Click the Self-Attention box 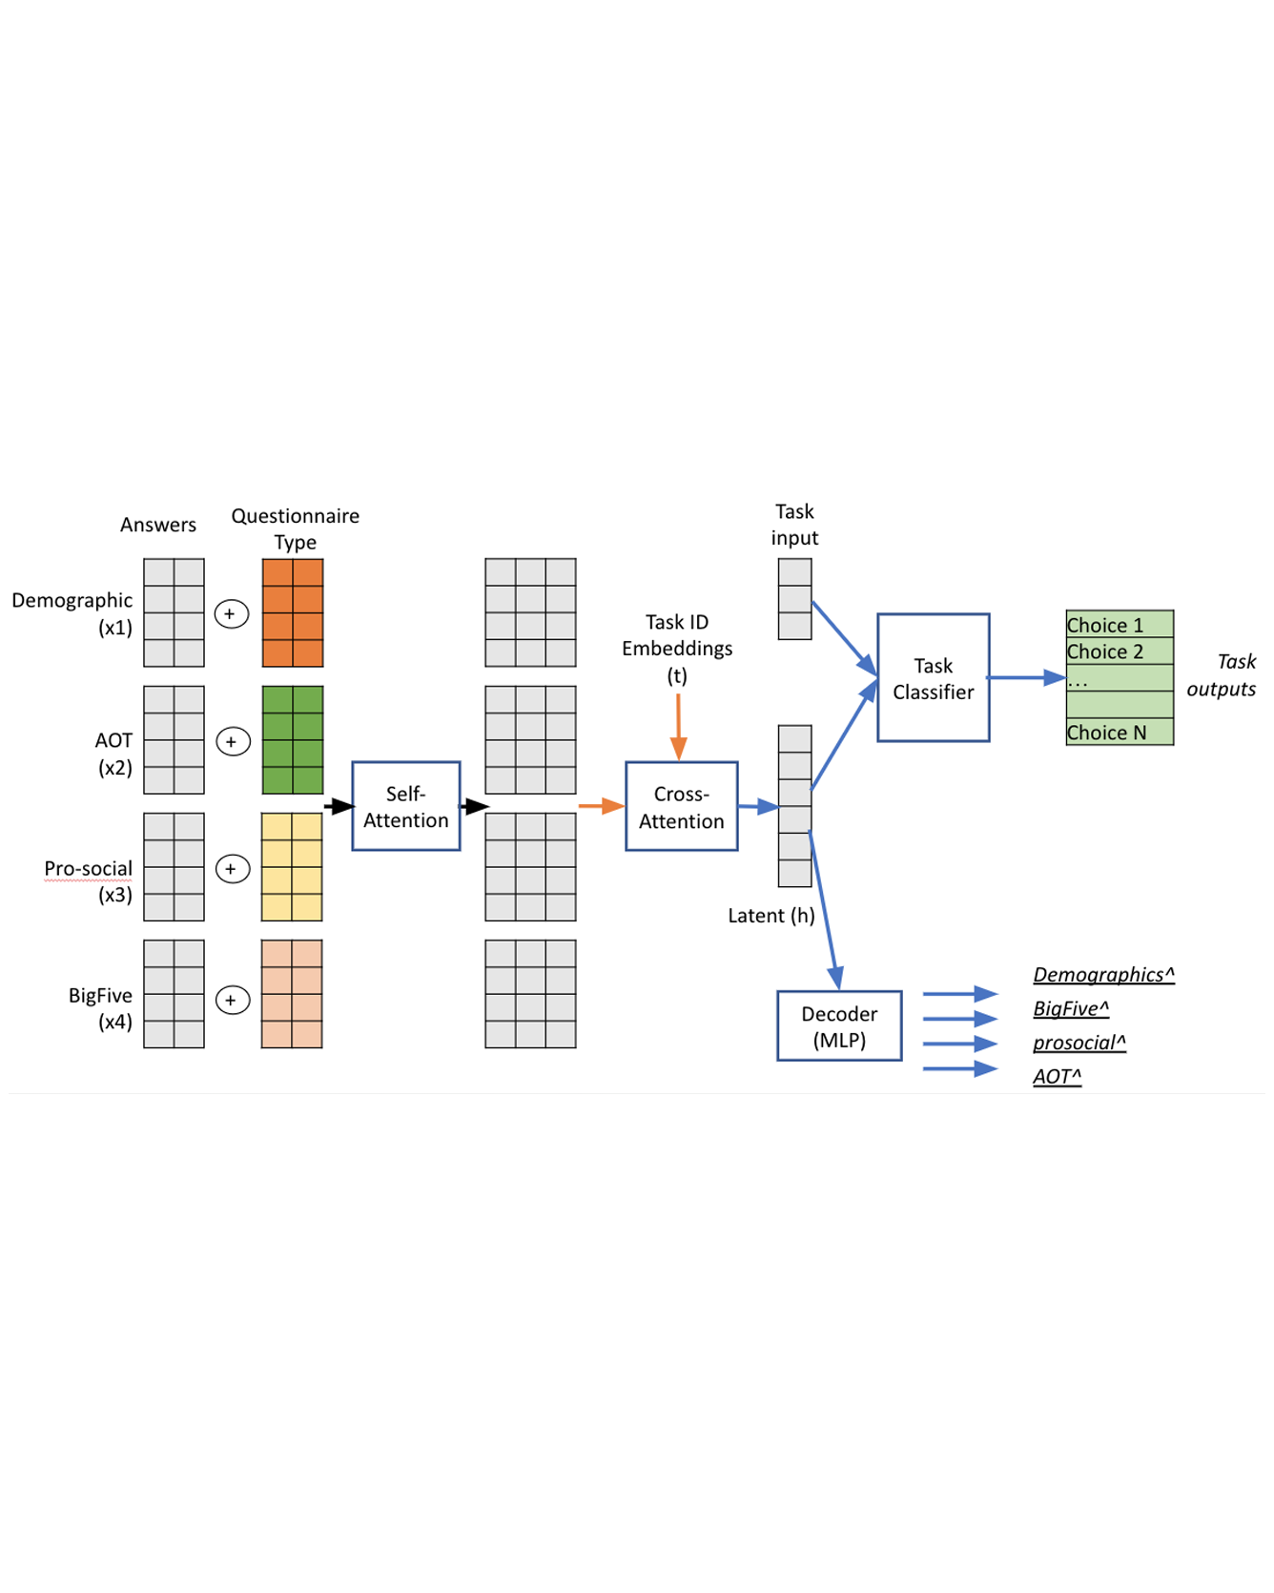click(x=405, y=806)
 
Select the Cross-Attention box click(x=681, y=806)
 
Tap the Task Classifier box click(x=933, y=677)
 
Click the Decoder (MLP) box click(x=838, y=1025)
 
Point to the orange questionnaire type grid click(x=293, y=612)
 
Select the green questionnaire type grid click(x=293, y=739)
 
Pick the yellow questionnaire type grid click(x=292, y=866)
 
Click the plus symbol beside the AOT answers click(x=233, y=741)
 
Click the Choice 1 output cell click(x=1119, y=625)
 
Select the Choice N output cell click(x=1119, y=733)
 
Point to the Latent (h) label click(x=771, y=916)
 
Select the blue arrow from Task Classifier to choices click(x=1026, y=677)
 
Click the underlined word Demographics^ click(x=1103, y=974)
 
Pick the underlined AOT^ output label click(x=1057, y=1076)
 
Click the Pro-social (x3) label click(x=88, y=880)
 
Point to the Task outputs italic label click(x=1222, y=674)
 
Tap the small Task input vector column click(x=794, y=599)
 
